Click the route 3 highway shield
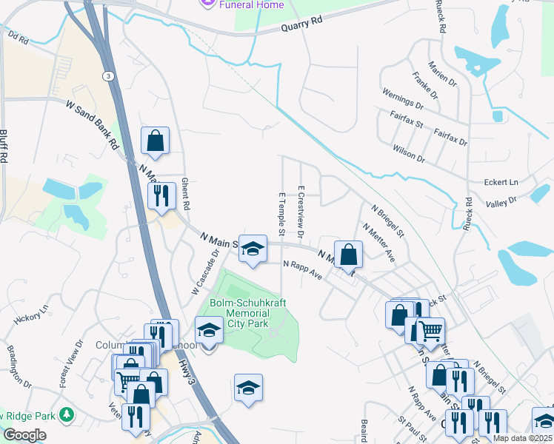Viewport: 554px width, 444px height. [108, 75]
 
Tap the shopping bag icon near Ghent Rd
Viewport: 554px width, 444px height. [156, 141]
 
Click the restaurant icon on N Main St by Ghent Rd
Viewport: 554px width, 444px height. [161, 196]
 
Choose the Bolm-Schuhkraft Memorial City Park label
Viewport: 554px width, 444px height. [248, 313]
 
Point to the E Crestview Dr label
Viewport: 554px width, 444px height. [301, 212]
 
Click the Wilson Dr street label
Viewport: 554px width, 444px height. [410, 153]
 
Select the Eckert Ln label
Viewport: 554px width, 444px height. [501, 181]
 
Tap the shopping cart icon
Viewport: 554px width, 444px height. [430, 330]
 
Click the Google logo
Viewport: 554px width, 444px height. [25, 434]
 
